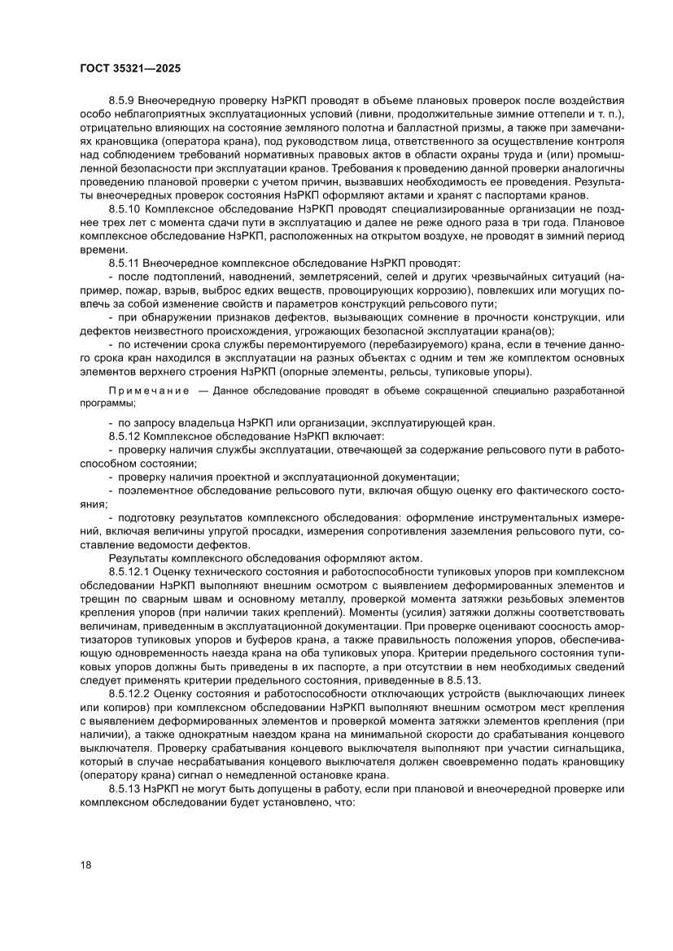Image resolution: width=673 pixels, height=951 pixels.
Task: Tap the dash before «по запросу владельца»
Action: [111, 423]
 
